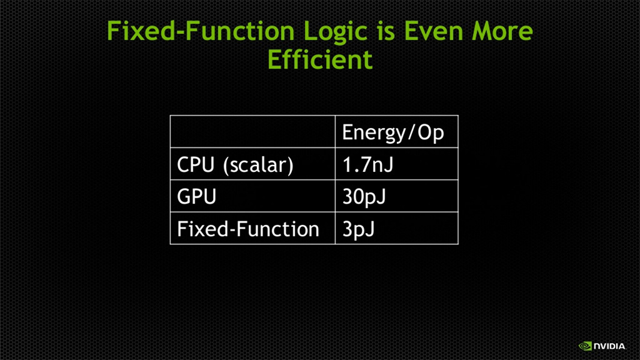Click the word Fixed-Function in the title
pyautogui.click(x=201, y=31)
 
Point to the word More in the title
pyautogui.click(x=502, y=31)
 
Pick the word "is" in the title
pyautogui.click(x=386, y=31)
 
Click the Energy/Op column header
pyautogui.click(x=392, y=132)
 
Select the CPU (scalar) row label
pyautogui.click(x=235, y=165)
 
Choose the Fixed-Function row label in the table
pyautogui.click(x=247, y=229)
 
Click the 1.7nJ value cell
pyautogui.click(x=367, y=164)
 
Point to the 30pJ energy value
pyautogui.click(x=364, y=197)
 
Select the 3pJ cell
pyautogui.click(x=358, y=229)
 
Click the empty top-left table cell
pyautogui.click(x=252, y=131)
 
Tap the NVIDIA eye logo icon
pyautogui.click(x=585, y=346)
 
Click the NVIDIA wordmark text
pyautogui.click(x=609, y=346)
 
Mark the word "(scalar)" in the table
pyautogui.click(x=258, y=165)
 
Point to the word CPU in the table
pyautogui.click(x=196, y=164)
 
